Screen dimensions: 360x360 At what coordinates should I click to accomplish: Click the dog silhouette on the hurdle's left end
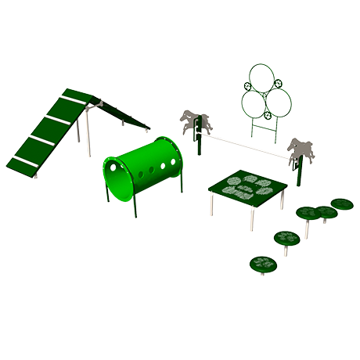click(x=195, y=121)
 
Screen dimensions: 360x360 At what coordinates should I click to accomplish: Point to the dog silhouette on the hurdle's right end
click(x=301, y=149)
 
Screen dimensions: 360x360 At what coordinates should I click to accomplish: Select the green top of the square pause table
click(x=247, y=188)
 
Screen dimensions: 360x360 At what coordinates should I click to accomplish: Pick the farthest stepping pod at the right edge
click(x=342, y=204)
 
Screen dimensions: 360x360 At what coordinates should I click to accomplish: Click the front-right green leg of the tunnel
click(x=182, y=178)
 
